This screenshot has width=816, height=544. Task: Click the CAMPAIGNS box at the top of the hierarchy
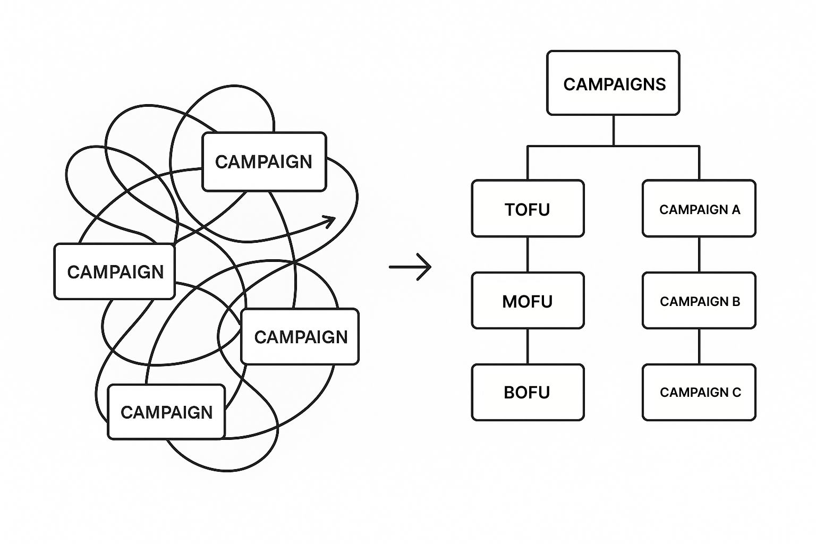[x=613, y=83]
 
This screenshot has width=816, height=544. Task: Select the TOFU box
[x=528, y=209]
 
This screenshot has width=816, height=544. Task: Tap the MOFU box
[x=528, y=301]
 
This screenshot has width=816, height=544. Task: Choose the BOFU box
[x=528, y=392]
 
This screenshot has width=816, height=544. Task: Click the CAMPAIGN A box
[x=699, y=209]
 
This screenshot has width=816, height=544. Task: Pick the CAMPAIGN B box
[x=699, y=301]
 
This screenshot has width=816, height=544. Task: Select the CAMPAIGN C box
[x=699, y=392]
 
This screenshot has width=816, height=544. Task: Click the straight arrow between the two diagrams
[x=410, y=267]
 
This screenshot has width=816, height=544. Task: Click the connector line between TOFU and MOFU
[x=528, y=254]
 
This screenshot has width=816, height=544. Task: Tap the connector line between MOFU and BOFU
[x=528, y=346]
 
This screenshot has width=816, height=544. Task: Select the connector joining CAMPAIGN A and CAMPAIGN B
[x=699, y=254]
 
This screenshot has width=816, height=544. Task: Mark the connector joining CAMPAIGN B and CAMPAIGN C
[x=699, y=346]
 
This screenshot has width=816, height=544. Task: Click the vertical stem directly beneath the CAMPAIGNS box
[x=614, y=130]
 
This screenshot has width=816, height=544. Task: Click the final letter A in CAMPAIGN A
[x=736, y=209]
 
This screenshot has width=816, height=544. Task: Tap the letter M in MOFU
[x=509, y=301]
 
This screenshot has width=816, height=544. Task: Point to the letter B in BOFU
[x=509, y=393]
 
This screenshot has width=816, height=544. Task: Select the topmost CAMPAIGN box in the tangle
[x=264, y=161]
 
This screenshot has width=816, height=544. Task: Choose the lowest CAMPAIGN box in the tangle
[x=166, y=412]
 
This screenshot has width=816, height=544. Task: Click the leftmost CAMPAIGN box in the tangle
[x=115, y=271]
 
